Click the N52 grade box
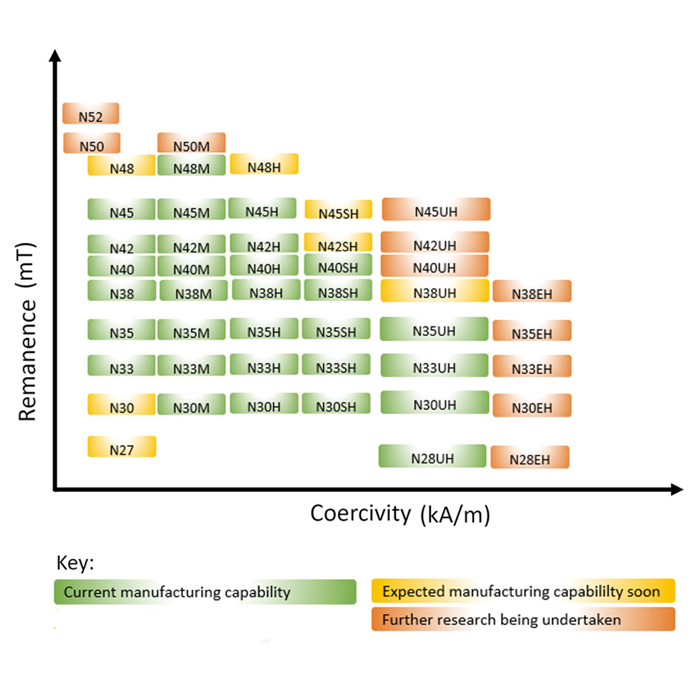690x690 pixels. coord(91,114)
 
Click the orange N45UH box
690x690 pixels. coord(435,209)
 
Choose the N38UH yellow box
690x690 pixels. coord(435,290)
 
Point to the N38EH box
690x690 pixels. coord(532,291)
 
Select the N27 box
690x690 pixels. coord(121,447)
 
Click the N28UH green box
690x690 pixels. coord(432,456)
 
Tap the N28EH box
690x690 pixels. coord(530,457)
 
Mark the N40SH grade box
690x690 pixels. coord(338,266)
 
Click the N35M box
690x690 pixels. coord(191,331)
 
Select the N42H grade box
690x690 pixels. coord(264,244)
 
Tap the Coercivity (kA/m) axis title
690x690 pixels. coord(400,514)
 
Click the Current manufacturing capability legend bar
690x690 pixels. coord(205,592)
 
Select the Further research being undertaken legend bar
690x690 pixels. coord(523,619)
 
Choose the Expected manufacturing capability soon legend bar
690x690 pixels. coord(523,591)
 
